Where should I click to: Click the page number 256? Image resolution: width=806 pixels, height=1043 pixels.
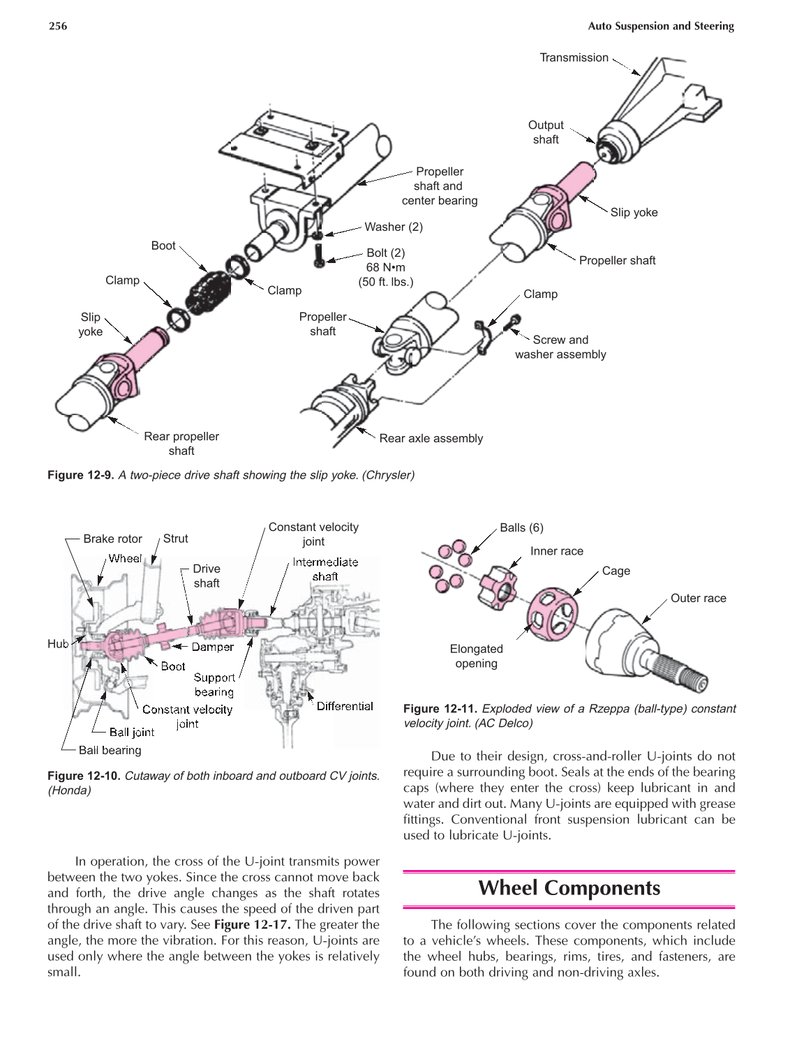[x=58, y=26]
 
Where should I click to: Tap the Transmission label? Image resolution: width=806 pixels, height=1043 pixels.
[x=574, y=58]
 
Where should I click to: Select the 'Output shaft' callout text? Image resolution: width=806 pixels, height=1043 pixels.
[x=546, y=132]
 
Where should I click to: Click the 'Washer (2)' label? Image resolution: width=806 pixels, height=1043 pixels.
[x=393, y=227]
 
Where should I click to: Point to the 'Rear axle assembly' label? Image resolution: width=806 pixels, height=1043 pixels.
[x=431, y=438]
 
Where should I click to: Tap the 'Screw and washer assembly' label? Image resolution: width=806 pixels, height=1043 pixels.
[x=560, y=347]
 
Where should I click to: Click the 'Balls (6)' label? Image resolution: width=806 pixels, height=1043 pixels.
[x=521, y=527]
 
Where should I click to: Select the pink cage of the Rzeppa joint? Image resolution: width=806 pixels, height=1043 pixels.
[x=551, y=613]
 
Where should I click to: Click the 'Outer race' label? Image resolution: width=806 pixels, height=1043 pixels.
[x=698, y=598]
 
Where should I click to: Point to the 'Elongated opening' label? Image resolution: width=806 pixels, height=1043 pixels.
[x=476, y=656]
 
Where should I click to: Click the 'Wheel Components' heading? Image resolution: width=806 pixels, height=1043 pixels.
[x=569, y=887]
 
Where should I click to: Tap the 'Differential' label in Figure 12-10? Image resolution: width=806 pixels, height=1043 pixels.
[x=345, y=706]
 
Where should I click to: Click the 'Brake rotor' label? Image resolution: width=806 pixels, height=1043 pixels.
[x=112, y=539]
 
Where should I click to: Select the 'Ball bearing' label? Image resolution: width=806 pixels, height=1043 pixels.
[x=110, y=750]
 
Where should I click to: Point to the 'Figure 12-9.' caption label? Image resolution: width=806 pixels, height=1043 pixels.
[x=80, y=475]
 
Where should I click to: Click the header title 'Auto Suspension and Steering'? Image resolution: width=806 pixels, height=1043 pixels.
[x=660, y=26]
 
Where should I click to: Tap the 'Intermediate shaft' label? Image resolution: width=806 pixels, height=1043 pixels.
[x=325, y=569]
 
